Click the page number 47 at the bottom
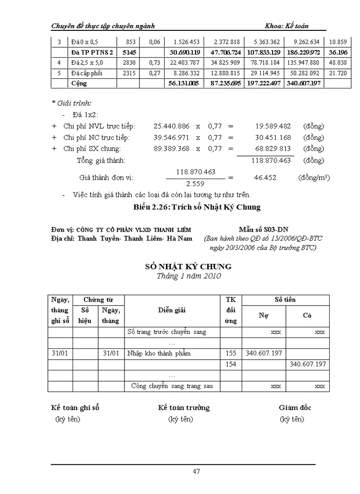[196, 471]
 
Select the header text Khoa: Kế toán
[286, 26]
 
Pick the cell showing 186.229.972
[302, 52]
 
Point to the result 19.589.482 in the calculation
[273, 126]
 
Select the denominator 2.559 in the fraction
[195, 183]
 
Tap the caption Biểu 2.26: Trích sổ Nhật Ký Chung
[197, 207]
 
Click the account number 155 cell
[231, 353]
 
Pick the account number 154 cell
[231, 364]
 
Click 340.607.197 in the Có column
[308, 364]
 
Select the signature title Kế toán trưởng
[184, 408]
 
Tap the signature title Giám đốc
[295, 408]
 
